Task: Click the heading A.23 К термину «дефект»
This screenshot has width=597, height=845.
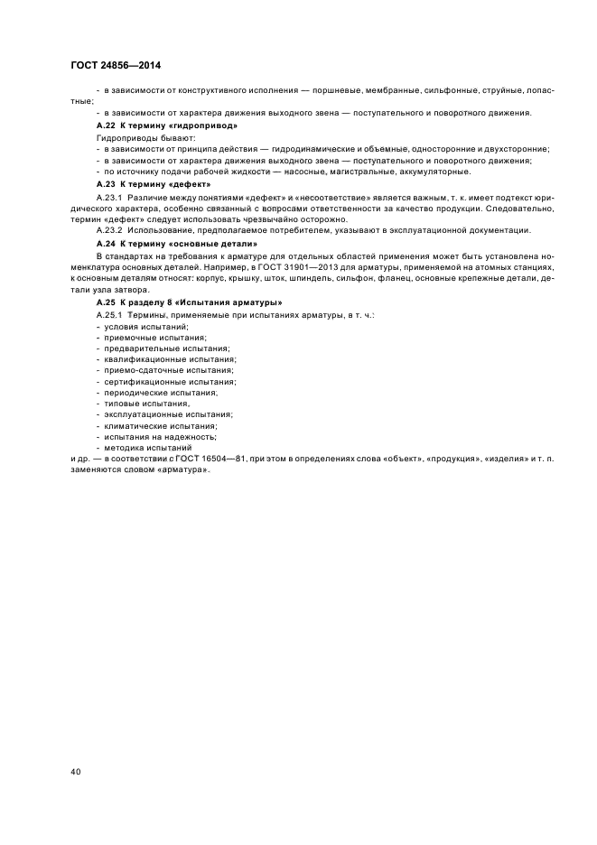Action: (x=147, y=183)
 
